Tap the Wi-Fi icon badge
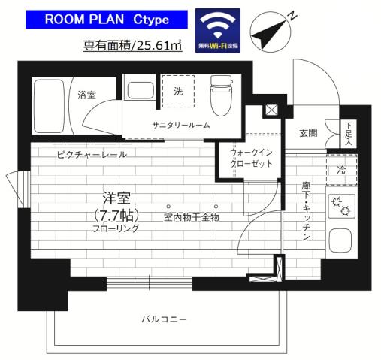tap(219, 30)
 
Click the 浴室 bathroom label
tap(87, 95)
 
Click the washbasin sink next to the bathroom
tap(140, 91)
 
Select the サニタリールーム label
tap(180, 125)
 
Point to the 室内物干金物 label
tap(191, 217)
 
